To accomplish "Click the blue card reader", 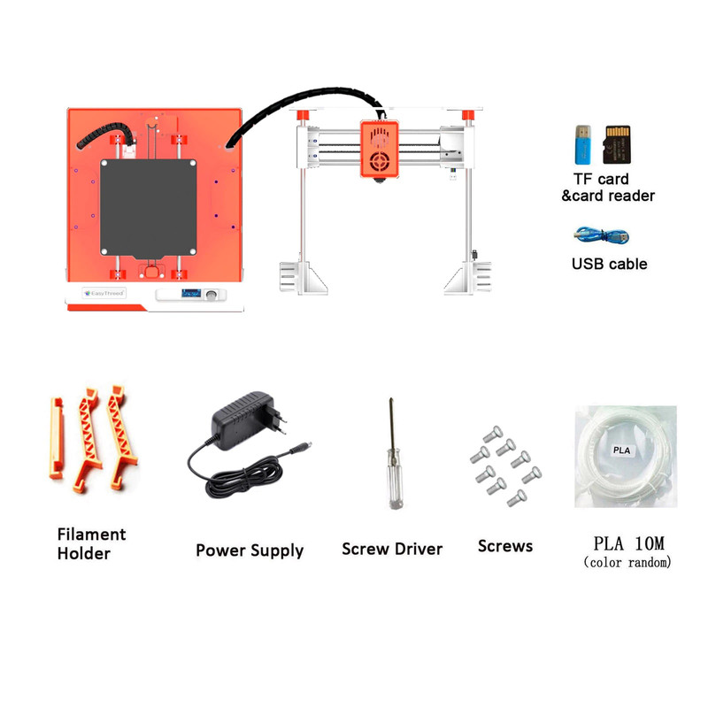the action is pyautogui.click(x=582, y=144).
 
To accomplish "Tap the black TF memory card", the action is pyautogui.click(x=617, y=144).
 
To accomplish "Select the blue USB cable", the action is pyautogui.click(x=601, y=235).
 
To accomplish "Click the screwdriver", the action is pyautogui.click(x=394, y=453).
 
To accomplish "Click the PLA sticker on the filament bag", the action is pyautogui.click(x=622, y=450).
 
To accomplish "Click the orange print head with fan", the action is pyautogui.click(x=380, y=149).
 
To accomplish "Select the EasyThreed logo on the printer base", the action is pyautogui.click(x=104, y=294).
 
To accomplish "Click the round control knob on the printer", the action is pyautogui.click(x=211, y=296).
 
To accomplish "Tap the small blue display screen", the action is pyautogui.click(x=191, y=294).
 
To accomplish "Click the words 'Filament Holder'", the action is pyautogui.click(x=91, y=543).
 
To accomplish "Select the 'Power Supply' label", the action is pyautogui.click(x=250, y=550).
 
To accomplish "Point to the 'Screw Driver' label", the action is pyautogui.click(x=392, y=549).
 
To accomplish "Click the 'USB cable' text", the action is pyautogui.click(x=609, y=264).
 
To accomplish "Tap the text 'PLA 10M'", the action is pyautogui.click(x=628, y=543).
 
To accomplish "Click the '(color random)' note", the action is pyautogui.click(x=627, y=562).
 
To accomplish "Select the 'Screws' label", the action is pyautogui.click(x=505, y=546).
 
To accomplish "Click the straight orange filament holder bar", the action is pyautogui.click(x=56, y=438).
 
